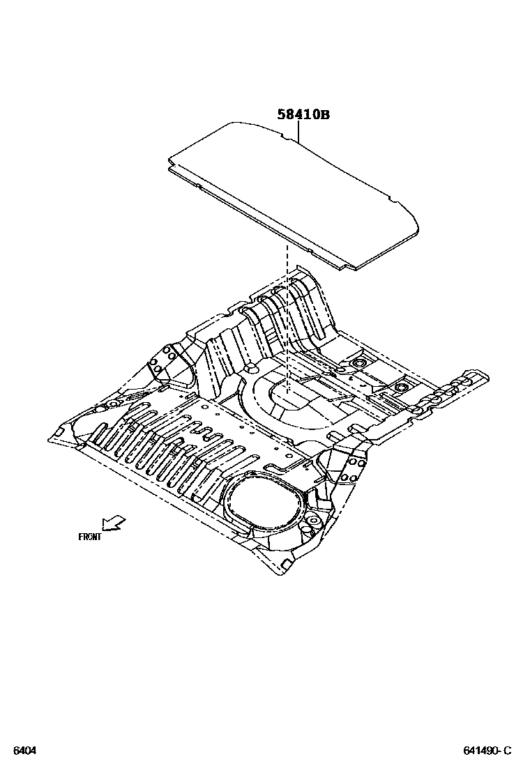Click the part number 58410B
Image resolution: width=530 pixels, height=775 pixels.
[x=303, y=114]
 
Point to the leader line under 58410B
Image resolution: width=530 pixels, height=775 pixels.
[x=298, y=132]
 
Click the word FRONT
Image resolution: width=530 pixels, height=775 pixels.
[x=90, y=537]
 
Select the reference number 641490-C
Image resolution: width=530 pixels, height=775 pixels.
[x=487, y=751]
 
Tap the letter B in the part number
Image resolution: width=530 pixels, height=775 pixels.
[x=324, y=114]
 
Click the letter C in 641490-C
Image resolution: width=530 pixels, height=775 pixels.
[x=507, y=751]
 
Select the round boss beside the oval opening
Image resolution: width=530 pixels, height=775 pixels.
[x=311, y=521]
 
